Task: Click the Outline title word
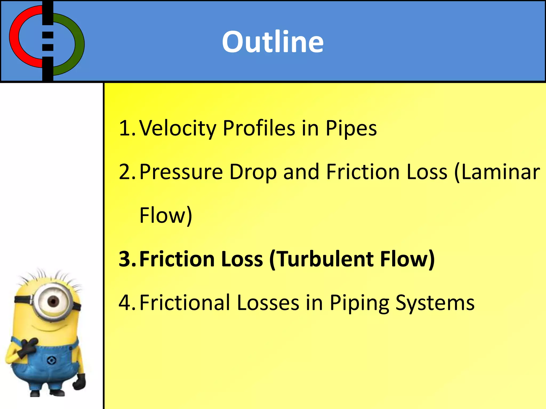(273, 42)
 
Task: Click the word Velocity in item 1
(178, 128)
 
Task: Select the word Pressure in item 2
(181, 172)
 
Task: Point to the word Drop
(253, 172)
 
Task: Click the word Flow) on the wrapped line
(166, 215)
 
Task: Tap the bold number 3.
(125, 259)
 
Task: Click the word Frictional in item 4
(185, 303)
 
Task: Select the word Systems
(435, 303)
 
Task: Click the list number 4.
(125, 303)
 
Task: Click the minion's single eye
(53, 301)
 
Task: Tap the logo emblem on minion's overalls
(51, 361)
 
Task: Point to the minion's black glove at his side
(79, 382)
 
